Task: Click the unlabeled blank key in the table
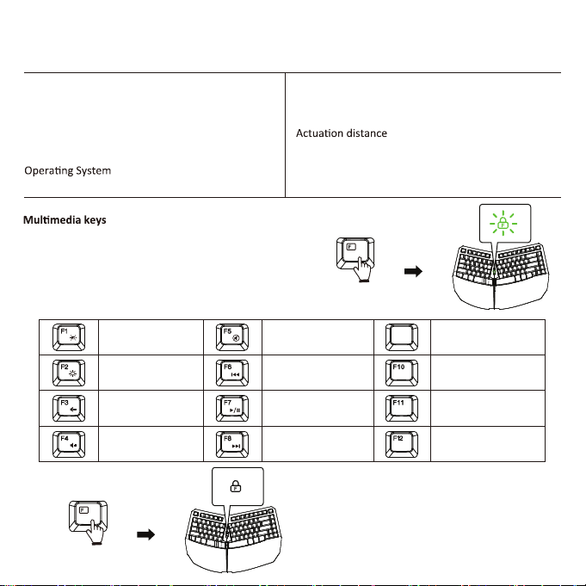pyautogui.click(x=402, y=335)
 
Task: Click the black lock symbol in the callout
pyautogui.click(x=233, y=486)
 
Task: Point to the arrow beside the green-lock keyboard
pyautogui.click(x=415, y=272)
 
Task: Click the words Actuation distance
pyautogui.click(x=341, y=134)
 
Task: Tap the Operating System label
pyautogui.click(x=66, y=172)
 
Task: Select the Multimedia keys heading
pyautogui.click(x=64, y=221)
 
